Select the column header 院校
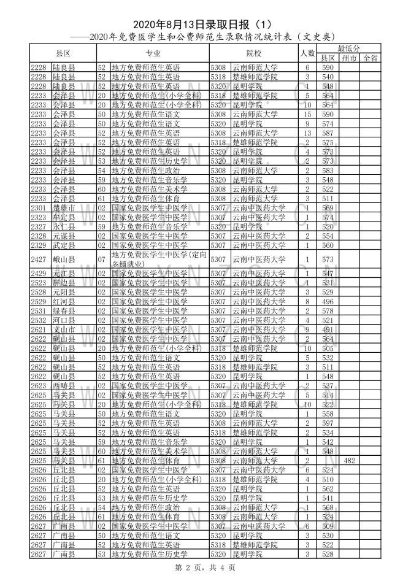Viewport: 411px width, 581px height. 253,53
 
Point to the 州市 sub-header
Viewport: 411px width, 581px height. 349,58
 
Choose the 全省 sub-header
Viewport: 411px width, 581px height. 369,58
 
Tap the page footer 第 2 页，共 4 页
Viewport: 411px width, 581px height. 205,568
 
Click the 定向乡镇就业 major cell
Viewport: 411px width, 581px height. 159,260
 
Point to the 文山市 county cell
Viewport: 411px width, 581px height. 64,329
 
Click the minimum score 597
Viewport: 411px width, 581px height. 328,423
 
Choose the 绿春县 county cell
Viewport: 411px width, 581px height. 64,311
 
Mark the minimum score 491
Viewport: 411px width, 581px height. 328,329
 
